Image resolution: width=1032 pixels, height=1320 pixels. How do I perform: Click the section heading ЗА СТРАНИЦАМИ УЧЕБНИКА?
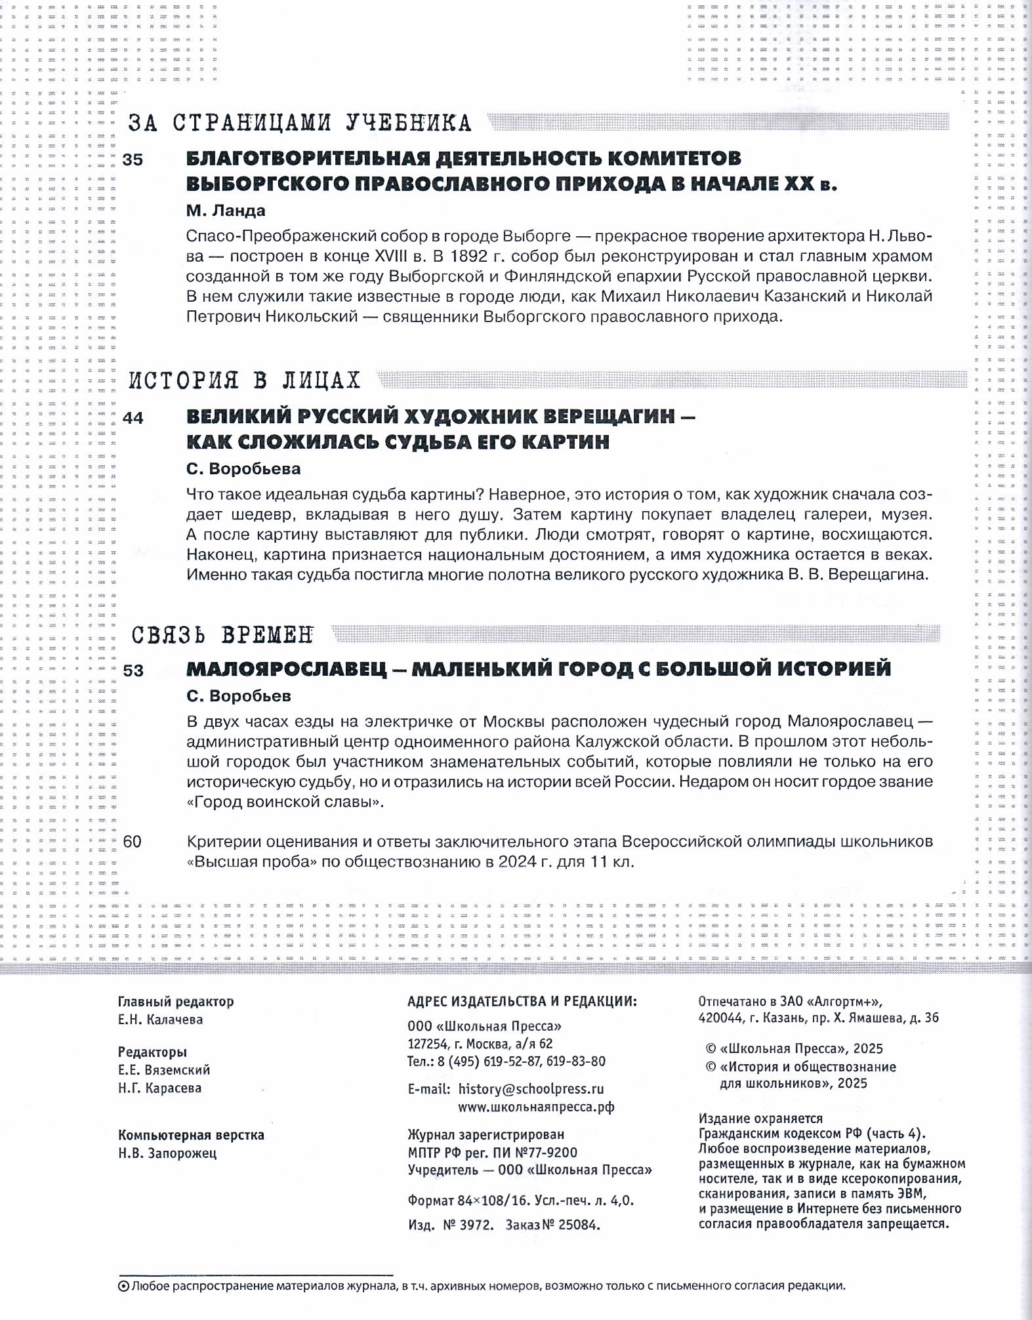[x=299, y=123]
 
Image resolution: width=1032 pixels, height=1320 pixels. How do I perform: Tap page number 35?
[x=133, y=159]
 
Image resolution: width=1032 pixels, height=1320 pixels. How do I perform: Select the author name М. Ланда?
[x=226, y=211]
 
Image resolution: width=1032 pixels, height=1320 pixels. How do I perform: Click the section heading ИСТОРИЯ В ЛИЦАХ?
[x=244, y=381]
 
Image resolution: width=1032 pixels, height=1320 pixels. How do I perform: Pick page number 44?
[x=133, y=418]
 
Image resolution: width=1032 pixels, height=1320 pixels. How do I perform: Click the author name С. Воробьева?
[x=243, y=469]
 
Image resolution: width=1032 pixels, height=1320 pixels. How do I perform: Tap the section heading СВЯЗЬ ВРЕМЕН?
[x=222, y=634]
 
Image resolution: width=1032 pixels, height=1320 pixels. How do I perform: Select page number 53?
[x=133, y=670]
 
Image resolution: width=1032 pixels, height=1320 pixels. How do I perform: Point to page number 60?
[x=133, y=841]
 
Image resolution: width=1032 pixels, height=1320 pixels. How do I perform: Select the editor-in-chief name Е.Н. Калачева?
[x=160, y=1020]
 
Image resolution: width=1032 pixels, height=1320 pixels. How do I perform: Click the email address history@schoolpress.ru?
[x=531, y=1088]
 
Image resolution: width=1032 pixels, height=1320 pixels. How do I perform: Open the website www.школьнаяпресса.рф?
[x=536, y=1107]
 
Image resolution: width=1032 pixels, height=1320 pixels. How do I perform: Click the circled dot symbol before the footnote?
[x=122, y=1287]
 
